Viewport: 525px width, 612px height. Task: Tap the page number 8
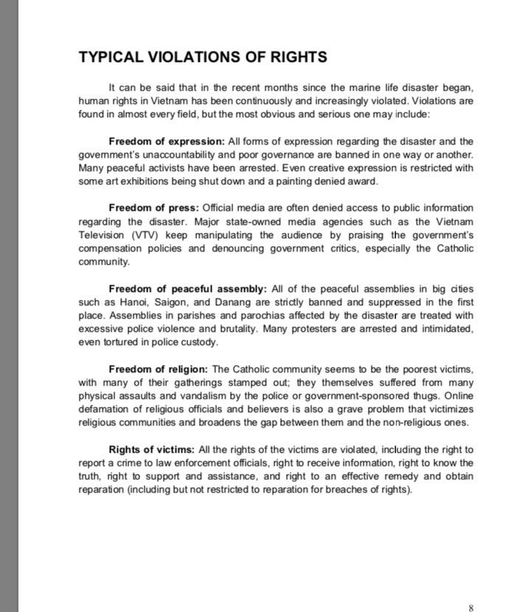click(x=470, y=608)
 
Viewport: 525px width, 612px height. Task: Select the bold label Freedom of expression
click(x=167, y=142)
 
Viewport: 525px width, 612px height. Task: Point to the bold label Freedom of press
click(x=154, y=208)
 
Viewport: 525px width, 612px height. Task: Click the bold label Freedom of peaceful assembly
click(x=189, y=289)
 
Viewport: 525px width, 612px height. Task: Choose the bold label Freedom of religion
click(x=159, y=369)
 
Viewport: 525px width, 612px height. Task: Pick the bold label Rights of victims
click(x=152, y=450)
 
